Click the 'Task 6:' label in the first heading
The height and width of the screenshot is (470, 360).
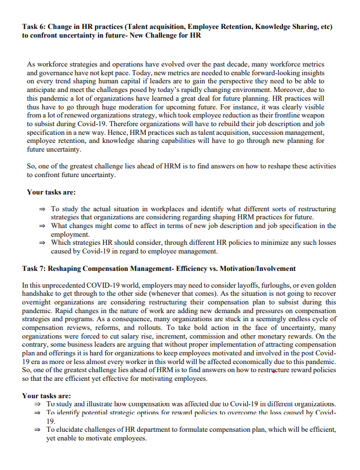(x=34, y=27)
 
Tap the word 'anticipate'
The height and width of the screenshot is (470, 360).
(x=46, y=91)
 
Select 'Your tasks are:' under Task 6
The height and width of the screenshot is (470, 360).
(x=51, y=192)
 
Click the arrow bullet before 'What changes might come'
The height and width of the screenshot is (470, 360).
(x=41, y=226)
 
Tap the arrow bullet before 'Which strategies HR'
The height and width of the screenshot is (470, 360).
(x=41, y=243)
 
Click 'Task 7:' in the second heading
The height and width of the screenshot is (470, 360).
(x=34, y=269)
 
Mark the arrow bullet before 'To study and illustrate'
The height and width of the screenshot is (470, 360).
(x=37, y=403)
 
